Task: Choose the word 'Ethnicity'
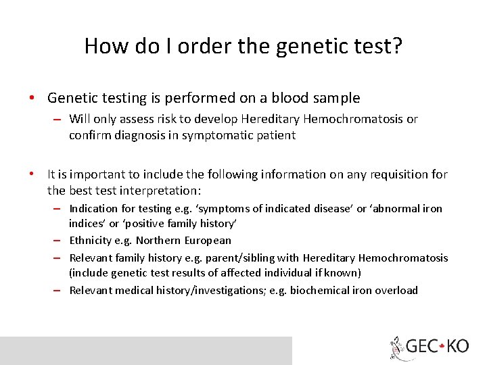[91, 240]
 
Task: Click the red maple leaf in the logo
[440, 347]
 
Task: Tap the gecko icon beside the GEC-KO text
[397, 347]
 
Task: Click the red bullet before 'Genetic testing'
[32, 98]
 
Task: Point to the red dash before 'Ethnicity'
[60, 240]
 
